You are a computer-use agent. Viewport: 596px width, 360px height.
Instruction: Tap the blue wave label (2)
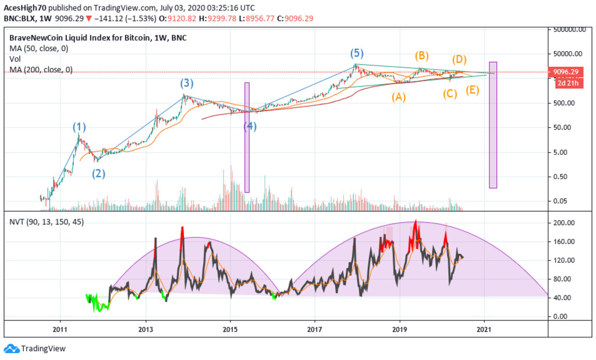[x=99, y=173]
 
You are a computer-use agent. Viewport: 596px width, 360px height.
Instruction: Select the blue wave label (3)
[x=186, y=84]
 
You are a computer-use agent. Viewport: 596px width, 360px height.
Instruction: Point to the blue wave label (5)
[x=357, y=54]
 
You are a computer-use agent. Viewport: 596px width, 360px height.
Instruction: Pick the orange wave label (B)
[x=421, y=56]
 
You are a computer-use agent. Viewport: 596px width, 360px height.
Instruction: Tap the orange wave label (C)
[x=449, y=93]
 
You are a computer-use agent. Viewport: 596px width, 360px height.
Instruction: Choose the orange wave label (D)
[x=459, y=59]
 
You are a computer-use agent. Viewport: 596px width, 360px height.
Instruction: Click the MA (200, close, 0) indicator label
[x=41, y=70]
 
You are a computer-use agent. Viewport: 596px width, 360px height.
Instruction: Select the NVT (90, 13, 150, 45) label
[x=45, y=222]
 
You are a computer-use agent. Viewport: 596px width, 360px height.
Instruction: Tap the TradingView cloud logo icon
[x=11, y=348]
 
